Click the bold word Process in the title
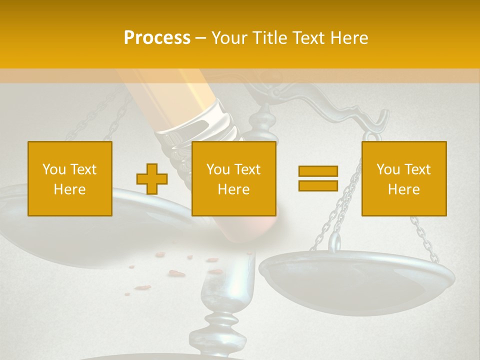click(x=157, y=38)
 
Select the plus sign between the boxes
click(x=152, y=179)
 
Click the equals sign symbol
click(x=318, y=179)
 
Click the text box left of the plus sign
click(x=70, y=179)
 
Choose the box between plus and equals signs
click(x=234, y=179)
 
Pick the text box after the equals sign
click(x=404, y=179)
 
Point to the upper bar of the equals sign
click(x=318, y=171)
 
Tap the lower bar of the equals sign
click(x=318, y=186)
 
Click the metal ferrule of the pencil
click(x=200, y=122)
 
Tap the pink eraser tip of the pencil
click(x=260, y=227)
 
